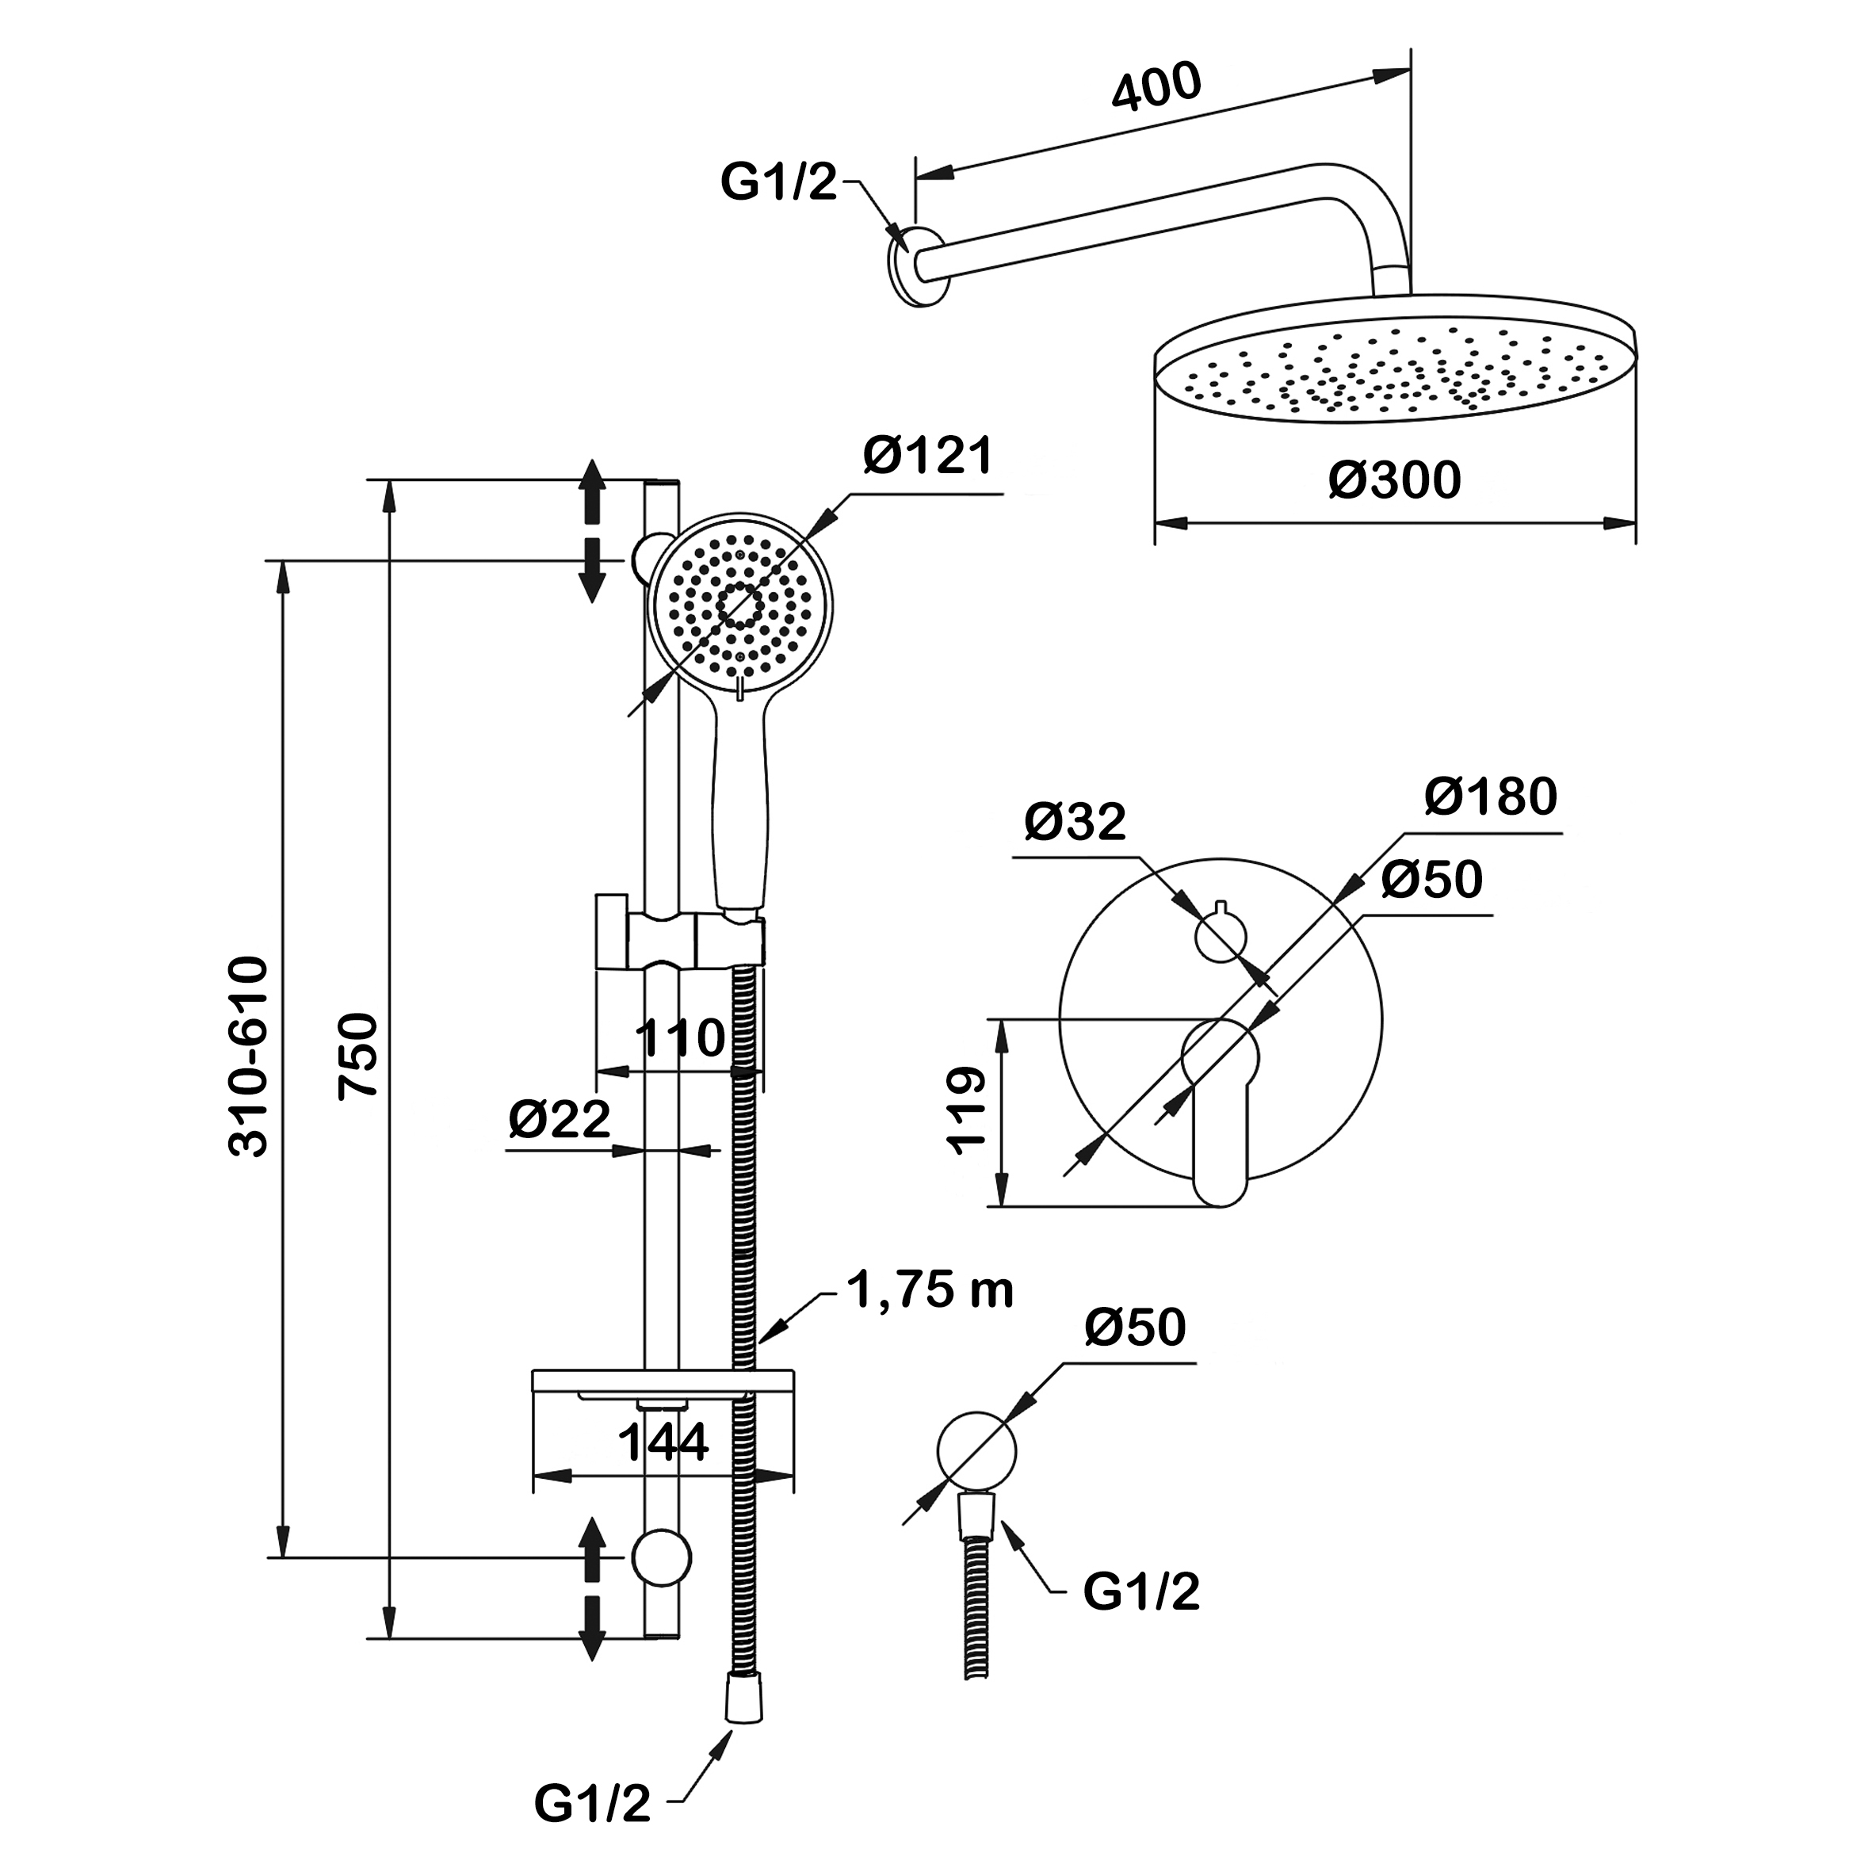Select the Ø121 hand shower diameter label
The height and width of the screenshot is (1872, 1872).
(928, 457)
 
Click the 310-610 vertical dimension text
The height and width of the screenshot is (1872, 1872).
(248, 1056)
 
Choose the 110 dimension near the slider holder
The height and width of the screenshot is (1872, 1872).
(680, 1037)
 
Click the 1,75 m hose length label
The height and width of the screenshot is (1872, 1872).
(930, 1289)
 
